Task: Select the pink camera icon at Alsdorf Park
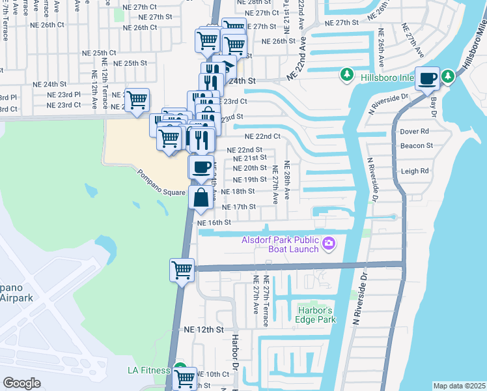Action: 329,244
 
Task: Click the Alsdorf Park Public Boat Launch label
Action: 279,244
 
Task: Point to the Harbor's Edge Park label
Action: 316,315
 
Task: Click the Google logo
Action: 21,383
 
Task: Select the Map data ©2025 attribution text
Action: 459,386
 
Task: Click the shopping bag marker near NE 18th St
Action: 201,197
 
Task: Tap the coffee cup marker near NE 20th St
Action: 201,166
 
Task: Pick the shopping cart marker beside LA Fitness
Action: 185,377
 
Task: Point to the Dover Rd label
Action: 415,131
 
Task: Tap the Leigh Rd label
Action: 415,171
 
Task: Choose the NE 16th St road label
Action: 215,222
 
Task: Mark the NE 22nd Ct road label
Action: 262,136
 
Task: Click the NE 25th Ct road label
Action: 98,53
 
